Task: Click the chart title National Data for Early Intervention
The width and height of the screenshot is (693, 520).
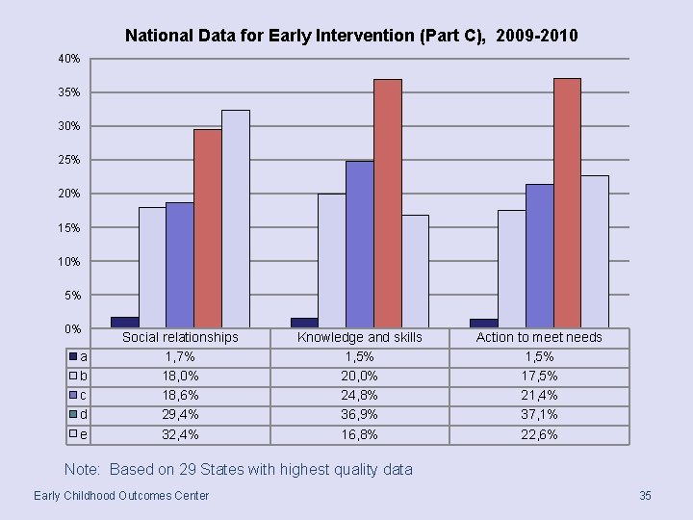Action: pyautogui.click(x=351, y=37)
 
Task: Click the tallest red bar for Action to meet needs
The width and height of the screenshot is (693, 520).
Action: pyautogui.click(x=567, y=202)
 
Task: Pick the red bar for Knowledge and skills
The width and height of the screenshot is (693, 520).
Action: pyautogui.click(x=387, y=202)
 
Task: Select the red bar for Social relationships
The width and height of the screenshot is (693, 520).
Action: pyautogui.click(x=207, y=228)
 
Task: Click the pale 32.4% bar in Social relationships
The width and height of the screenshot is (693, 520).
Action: pyautogui.click(x=235, y=219)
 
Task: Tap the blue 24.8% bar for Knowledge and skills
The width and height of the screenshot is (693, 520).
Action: pyautogui.click(x=359, y=244)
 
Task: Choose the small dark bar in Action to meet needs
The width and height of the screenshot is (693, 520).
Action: pyautogui.click(x=483, y=323)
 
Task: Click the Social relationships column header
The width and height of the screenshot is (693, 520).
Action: pyautogui.click(x=180, y=337)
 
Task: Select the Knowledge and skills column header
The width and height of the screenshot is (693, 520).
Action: pyautogui.click(x=359, y=337)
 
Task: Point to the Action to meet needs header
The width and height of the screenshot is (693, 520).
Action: pyautogui.click(x=539, y=337)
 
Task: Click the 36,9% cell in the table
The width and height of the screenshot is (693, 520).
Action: pyautogui.click(x=359, y=414)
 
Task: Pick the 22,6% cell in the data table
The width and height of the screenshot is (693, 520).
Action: pyautogui.click(x=539, y=434)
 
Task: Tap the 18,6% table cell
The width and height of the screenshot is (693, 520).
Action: pyautogui.click(x=180, y=395)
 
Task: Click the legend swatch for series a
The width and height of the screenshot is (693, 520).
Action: pyautogui.click(x=72, y=356)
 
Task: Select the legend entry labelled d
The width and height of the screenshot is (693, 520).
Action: pyautogui.click(x=78, y=414)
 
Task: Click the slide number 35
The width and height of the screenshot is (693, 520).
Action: pyautogui.click(x=645, y=495)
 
